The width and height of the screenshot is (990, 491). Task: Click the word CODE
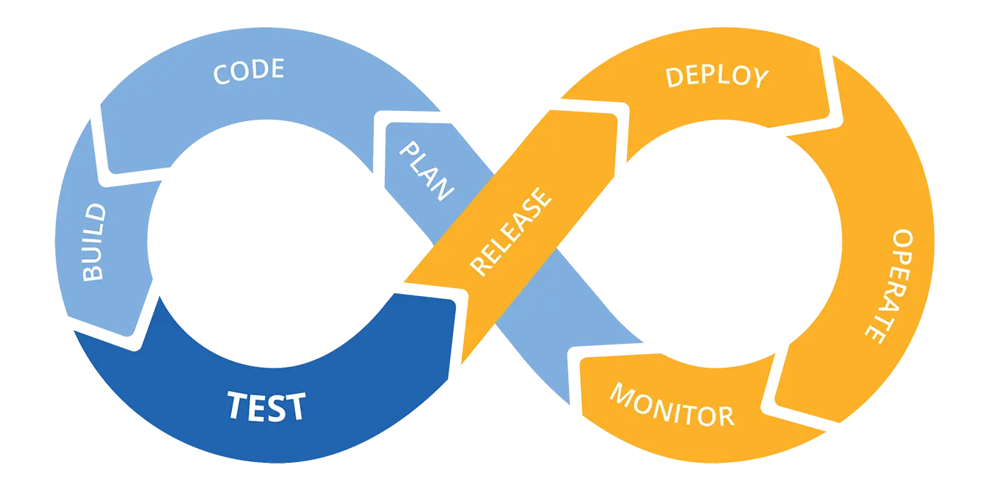point(249,71)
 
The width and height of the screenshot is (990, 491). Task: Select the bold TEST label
point(266,406)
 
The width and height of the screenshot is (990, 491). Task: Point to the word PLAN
point(427,171)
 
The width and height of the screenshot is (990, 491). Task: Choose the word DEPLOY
point(717,76)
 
